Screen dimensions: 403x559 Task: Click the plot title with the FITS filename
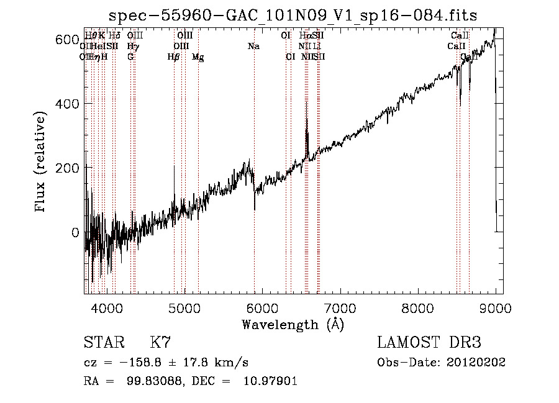point(293,16)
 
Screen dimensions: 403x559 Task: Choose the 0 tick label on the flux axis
point(75,233)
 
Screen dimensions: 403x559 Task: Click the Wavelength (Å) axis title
point(293,324)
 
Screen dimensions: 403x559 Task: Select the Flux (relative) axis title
point(42,163)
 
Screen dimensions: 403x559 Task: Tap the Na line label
point(253,47)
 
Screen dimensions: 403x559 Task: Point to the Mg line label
point(198,57)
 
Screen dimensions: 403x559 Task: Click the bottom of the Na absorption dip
point(255,210)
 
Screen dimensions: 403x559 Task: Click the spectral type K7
point(160,342)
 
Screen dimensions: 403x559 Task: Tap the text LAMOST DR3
point(429,342)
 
